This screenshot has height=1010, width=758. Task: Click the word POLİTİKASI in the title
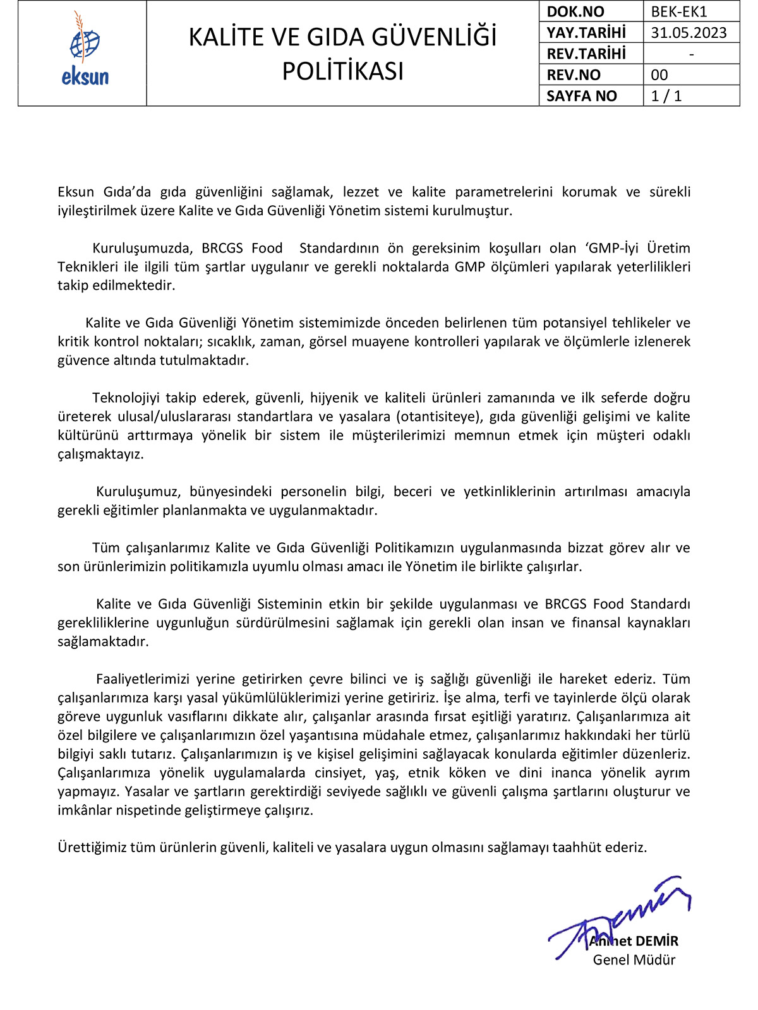(x=342, y=71)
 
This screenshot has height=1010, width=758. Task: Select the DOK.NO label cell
(x=575, y=11)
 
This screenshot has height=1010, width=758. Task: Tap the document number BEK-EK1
(x=679, y=11)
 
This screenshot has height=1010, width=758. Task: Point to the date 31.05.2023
(x=689, y=33)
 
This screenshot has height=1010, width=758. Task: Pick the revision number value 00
(x=659, y=75)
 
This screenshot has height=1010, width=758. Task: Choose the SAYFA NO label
(x=581, y=96)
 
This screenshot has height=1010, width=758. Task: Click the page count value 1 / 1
(x=666, y=96)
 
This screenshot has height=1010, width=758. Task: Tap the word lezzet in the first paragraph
(x=361, y=192)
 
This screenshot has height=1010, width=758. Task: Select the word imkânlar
(x=85, y=810)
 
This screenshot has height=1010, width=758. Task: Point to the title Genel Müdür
(x=634, y=960)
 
